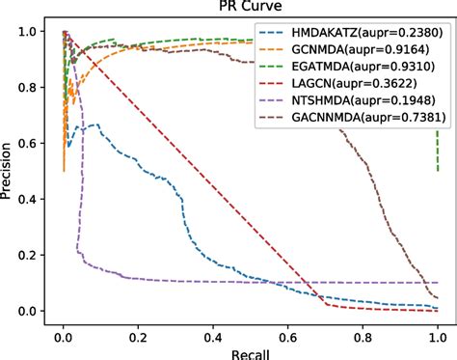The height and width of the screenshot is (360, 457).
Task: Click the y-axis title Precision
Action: point(10,171)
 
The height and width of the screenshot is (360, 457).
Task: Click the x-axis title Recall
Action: point(250,351)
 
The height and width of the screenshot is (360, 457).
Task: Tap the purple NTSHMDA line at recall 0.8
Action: point(363,283)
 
